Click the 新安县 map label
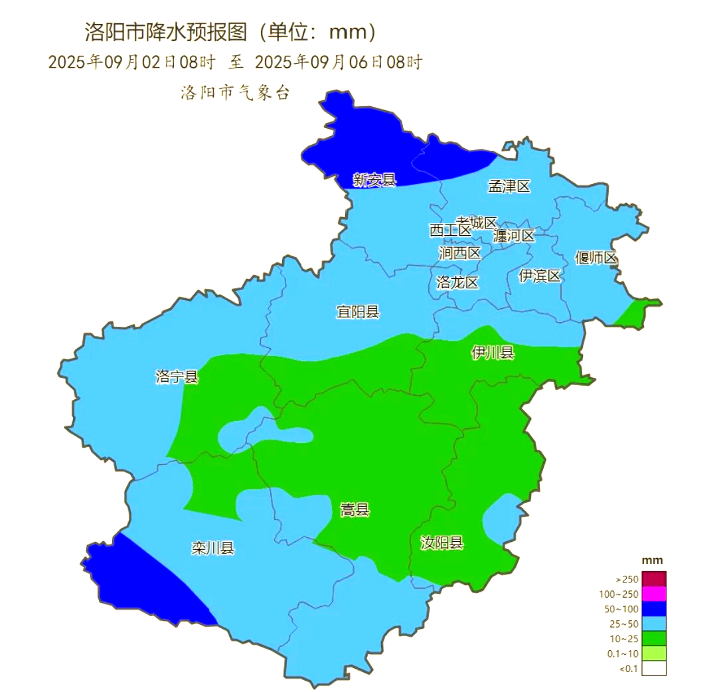pos(374,179)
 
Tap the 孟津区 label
pos(509,186)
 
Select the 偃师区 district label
pos(596,258)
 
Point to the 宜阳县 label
pos(357,311)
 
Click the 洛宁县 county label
pos(177,377)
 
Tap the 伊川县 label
pos(493,353)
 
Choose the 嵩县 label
pos(355,510)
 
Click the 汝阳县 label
pos(441,543)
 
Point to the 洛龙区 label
pos(457,282)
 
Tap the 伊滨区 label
pos(539,276)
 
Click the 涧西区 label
pos(459,253)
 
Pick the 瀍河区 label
pos(513,235)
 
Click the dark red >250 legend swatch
pos(653,579)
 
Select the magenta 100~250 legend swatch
pos(653,594)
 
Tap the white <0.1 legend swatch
pos(653,668)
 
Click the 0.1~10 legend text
pos(623,653)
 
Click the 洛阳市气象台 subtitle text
pos(235,93)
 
